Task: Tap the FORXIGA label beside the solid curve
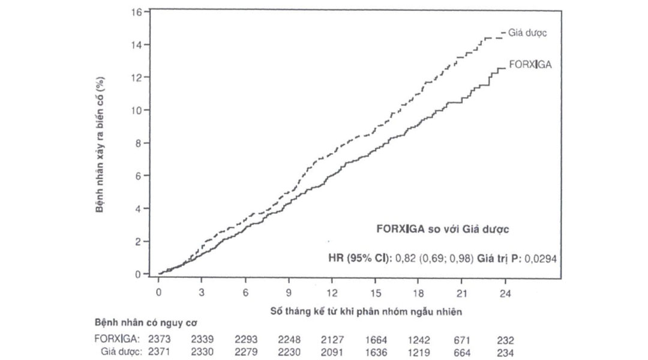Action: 530,64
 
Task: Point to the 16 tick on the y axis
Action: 136,12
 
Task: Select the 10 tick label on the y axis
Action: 136,110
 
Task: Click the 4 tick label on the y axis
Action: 139,209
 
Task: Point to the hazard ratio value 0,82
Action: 404,257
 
